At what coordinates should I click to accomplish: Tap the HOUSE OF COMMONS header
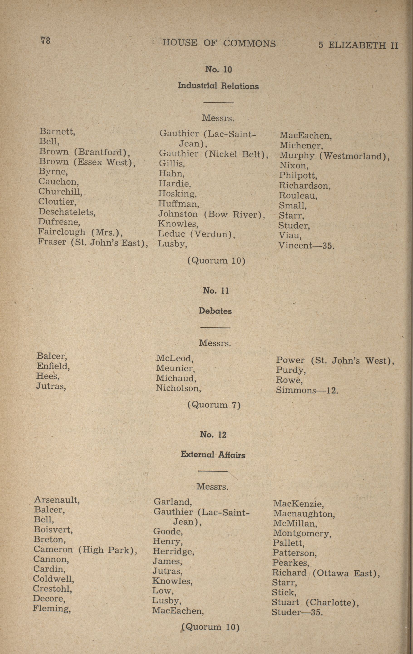pyautogui.click(x=219, y=43)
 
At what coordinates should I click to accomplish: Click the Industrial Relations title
pyautogui.click(x=218, y=86)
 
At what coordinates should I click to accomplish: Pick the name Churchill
pyautogui.click(x=60, y=192)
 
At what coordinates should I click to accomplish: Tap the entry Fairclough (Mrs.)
pyautogui.click(x=80, y=232)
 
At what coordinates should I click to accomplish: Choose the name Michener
pyautogui.click(x=301, y=146)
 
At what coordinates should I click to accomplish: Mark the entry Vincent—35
pyautogui.click(x=306, y=246)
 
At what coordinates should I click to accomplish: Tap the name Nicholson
pyautogui.click(x=178, y=388)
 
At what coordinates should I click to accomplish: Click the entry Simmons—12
pyautogui.click(x=307, y=390)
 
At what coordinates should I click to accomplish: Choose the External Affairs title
pyautogui.click(x=213, y=455)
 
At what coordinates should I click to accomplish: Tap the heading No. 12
pyautogui.click(x=213, y=435)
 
